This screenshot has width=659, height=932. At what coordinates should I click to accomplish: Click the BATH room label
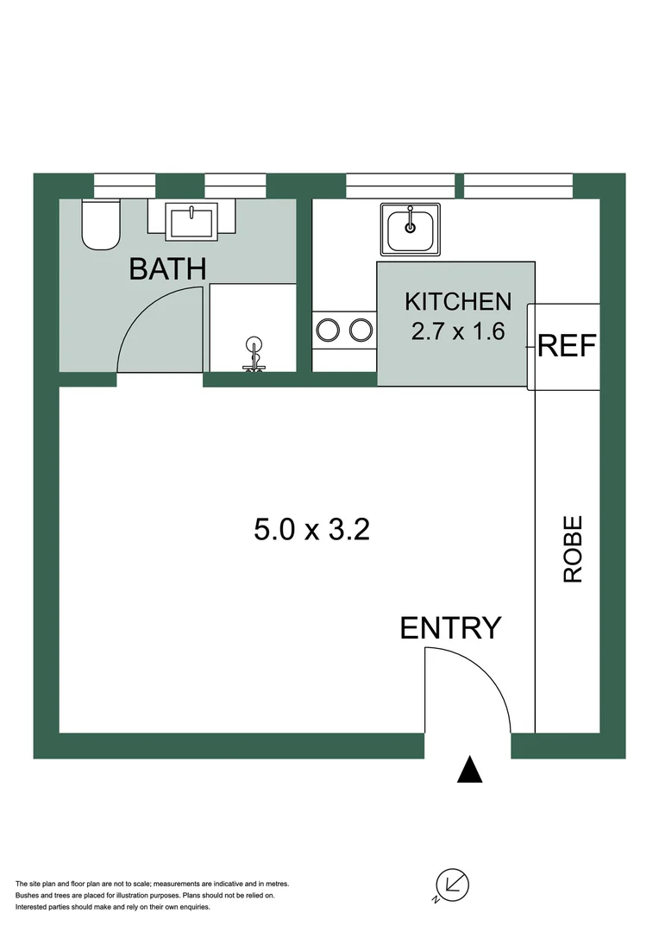point(167,268)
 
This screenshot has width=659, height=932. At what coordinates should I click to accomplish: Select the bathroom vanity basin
point(194,224)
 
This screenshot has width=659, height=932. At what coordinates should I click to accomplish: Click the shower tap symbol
point(254,354)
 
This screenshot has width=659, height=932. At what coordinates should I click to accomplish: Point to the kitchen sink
point(411,229)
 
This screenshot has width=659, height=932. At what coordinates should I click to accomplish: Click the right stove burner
point(361,330)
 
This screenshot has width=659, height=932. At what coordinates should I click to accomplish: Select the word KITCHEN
point(458,302)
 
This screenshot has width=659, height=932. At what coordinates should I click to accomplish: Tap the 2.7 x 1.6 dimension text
point(458,331)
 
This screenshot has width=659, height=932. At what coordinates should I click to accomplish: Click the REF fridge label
point(567,346)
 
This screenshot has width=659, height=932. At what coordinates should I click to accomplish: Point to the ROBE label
point(574,549)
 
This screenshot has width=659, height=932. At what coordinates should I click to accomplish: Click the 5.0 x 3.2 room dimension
point(311,529)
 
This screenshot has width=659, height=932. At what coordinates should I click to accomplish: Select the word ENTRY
point(450,628)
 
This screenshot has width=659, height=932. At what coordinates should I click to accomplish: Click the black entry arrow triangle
point(469,770)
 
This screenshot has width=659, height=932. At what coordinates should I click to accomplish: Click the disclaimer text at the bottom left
point(154,895)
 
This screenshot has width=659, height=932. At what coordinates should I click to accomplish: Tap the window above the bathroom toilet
point(124,185)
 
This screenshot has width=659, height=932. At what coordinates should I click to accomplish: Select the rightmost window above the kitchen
point(518,185)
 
